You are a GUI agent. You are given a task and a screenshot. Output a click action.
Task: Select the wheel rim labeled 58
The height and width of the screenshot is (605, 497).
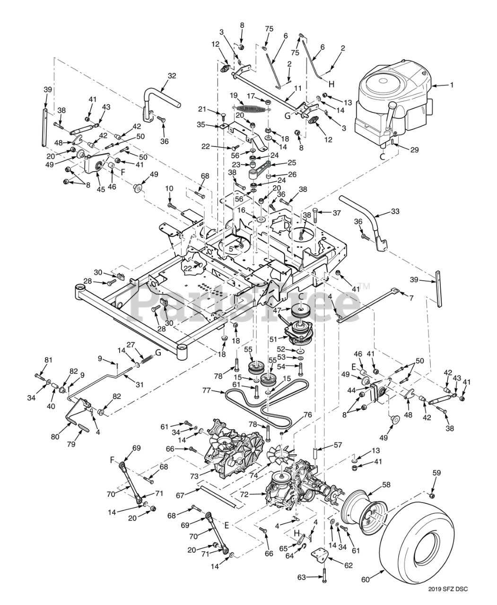tap(364, 510)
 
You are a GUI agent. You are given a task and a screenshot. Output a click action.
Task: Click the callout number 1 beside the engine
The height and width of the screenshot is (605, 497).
tap(451, 85)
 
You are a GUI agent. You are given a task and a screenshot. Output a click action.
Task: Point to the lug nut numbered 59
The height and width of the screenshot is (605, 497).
tap(431, 495)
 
